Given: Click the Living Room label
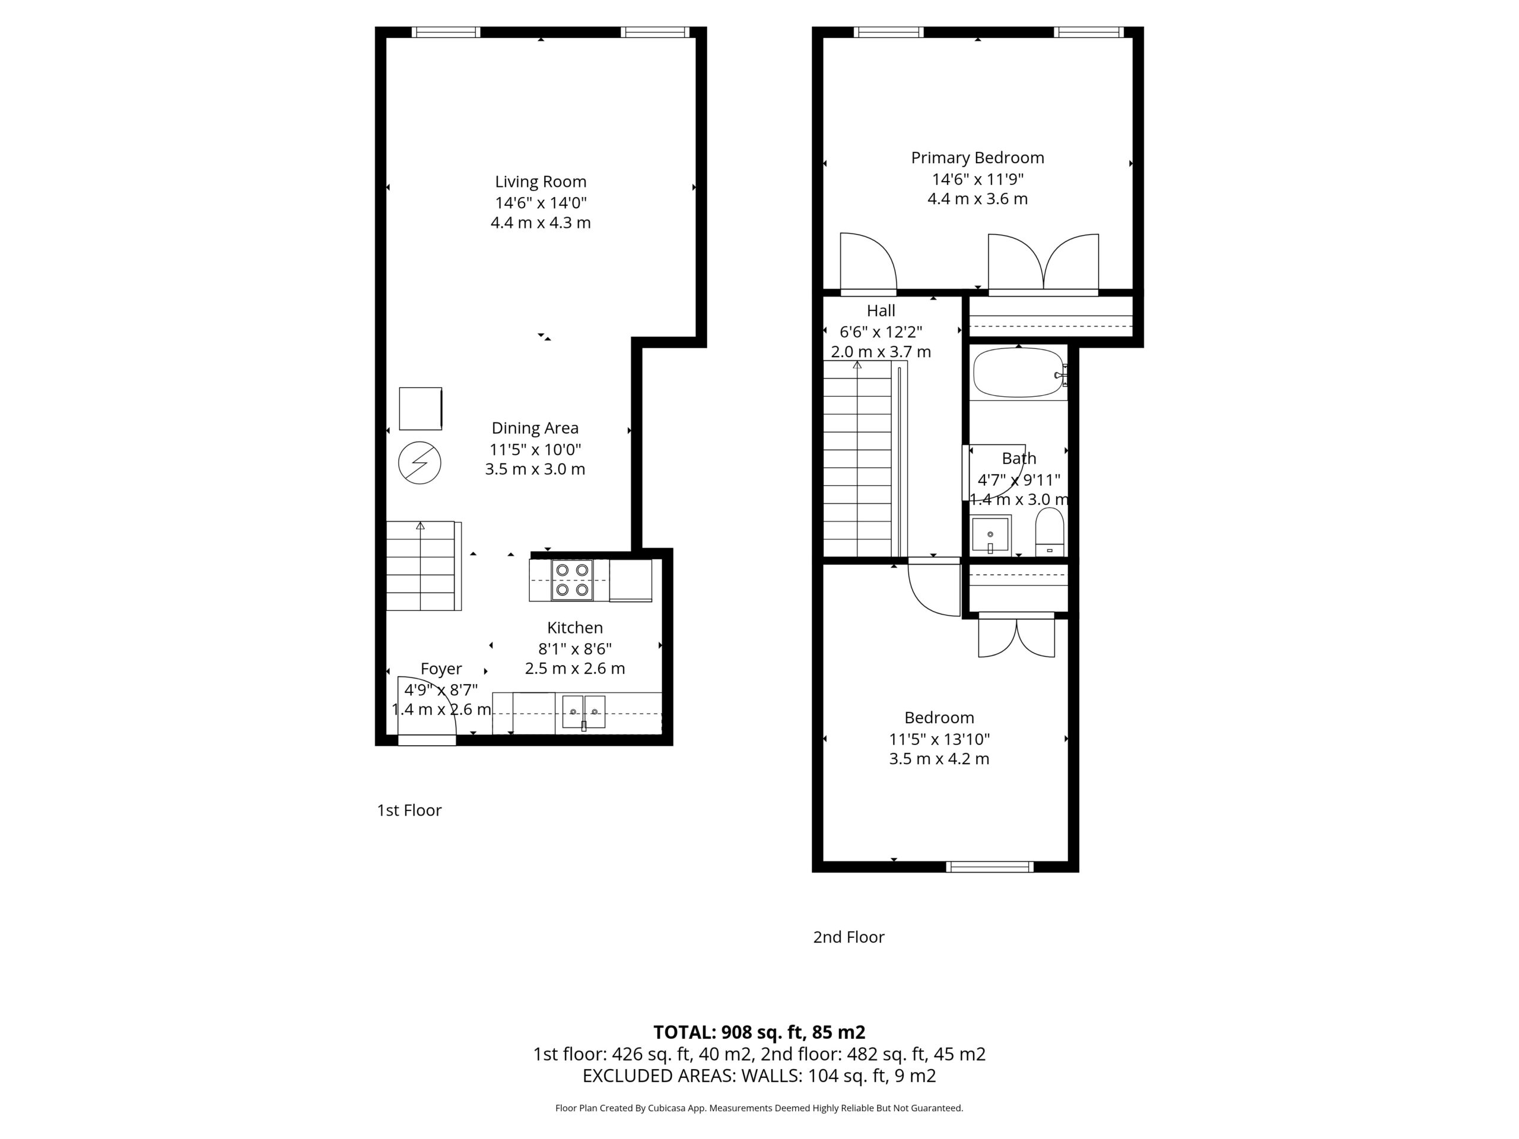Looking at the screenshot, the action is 541,182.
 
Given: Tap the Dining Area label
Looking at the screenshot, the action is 535,428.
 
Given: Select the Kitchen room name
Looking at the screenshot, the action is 575,628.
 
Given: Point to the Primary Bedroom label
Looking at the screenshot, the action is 977,158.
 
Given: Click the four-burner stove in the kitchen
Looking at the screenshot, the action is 572,580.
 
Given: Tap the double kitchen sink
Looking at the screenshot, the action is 584,712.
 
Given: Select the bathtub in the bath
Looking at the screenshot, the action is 1019,373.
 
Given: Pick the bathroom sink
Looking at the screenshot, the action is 990,534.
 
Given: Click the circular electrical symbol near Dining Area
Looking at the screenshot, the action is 420,463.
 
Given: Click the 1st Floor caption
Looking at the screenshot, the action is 409,810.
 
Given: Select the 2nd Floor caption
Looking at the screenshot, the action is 849,937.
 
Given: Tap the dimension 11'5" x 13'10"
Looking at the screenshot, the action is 939,739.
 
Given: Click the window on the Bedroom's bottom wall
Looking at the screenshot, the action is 990,867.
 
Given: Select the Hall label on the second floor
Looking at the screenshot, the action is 881,310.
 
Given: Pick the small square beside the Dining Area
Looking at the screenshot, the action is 420,409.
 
